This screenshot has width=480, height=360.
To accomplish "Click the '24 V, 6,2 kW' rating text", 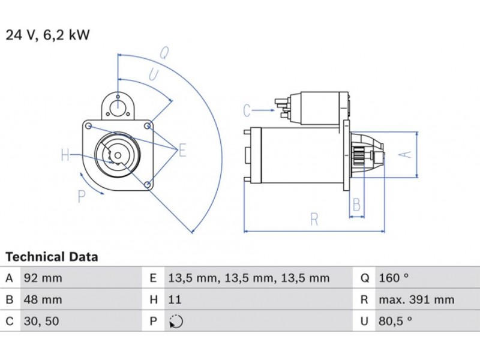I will pos(47,35).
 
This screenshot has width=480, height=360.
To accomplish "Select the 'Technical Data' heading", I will pos(52,257).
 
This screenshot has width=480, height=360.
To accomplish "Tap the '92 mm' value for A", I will pos(43,278).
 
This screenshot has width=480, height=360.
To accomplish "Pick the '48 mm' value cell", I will pos(43,300).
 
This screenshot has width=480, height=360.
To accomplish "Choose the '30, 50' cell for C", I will pos(41,322).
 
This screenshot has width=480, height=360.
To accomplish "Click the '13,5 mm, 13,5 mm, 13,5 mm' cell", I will pos(248,278).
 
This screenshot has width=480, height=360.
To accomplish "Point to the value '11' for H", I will pos(175,300).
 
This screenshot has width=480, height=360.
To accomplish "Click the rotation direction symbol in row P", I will pos(176,322).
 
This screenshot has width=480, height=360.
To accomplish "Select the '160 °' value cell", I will pos(394,278).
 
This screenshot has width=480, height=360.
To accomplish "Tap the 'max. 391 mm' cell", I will pos(416,300).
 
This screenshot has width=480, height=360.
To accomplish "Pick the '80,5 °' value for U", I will pos(395,322).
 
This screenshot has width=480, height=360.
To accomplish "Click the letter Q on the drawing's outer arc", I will pos(164,53).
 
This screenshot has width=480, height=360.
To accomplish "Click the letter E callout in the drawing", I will pos(182,150).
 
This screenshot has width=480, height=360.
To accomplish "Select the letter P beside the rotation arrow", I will pos(82,196).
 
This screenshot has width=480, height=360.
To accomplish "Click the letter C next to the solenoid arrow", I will pos(247,110).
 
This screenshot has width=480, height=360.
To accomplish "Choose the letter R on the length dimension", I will pos(314,220).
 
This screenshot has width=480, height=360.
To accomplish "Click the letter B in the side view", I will pos(356,205).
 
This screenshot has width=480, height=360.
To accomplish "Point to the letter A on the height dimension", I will pos(406,154).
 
